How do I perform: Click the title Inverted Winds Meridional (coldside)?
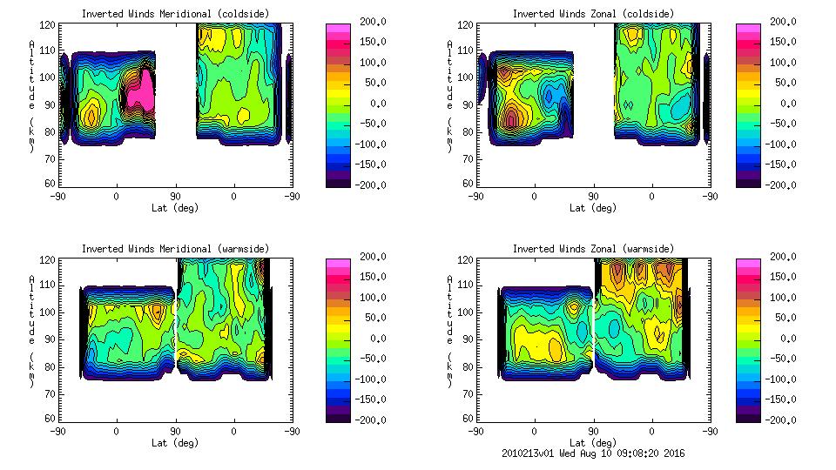click(x=175, y=14)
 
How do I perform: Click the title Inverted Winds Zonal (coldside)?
click(x=593, y=14)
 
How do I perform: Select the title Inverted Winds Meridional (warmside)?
click(x=175, y=249)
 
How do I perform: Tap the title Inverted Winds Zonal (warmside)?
click(x=593, y=249)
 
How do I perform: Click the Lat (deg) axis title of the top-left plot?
click(x=175, y=208)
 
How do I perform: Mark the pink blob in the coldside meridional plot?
click(x=142, y=90)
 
